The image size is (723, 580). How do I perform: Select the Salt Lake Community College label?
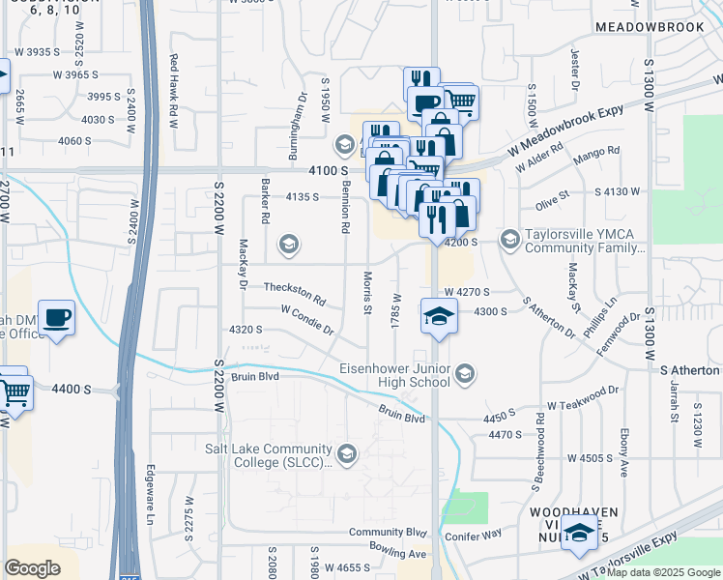[x=268, y=454]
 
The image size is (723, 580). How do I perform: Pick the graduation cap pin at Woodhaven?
[x=579, y=534]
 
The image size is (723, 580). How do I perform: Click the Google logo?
[x=32, y=568]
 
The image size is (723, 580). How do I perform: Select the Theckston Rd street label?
[x=295, y=288]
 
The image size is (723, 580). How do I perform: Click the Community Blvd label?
[x=388, y=532]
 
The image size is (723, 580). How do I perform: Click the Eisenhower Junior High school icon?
[x=466, y=374]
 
